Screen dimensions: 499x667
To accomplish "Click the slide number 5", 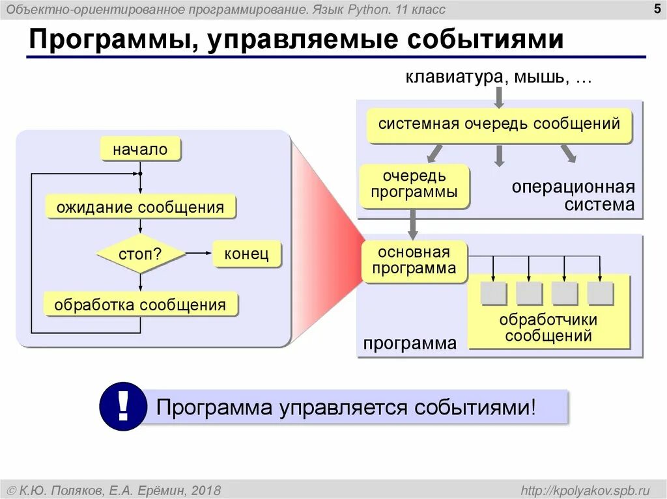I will pyautogui.click(x=654, y=8).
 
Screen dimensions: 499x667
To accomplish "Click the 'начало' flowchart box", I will pyautogui.click(x=140, y=150).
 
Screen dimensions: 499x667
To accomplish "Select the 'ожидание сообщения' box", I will pyautogui.click(x=140, y=208).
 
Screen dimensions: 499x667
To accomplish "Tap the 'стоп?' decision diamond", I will pyautogui.click(x=140, y=254).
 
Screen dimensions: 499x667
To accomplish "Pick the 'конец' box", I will pyautogui.click(x=246, y=254).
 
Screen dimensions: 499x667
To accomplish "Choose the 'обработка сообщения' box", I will pyautogui.click(x=140, y=304).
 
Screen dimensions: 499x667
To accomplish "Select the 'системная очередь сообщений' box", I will pyautogui.click(x=499, y=124).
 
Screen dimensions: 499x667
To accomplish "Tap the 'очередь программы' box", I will pyautogui.click(x=414, y=184).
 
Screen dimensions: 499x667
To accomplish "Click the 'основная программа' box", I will pyautogui.click(x=414, y=260).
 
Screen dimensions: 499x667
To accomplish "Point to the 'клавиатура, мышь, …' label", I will pyautogui.click(x=499, y=77).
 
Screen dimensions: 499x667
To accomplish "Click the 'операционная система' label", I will pyautogui.click(x=573, y=196).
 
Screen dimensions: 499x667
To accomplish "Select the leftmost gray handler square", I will pyautogui.click(x=493, y=293).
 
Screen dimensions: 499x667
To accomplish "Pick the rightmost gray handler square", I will pyautogui.click(x=600, y=293).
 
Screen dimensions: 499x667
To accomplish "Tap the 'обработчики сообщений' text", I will pyautogui.click(x=548, y=328).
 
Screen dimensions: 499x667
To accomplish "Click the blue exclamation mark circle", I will pyautogui.click(x=122, y=407).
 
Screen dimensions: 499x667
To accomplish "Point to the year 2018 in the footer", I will pyautogui.click(x=206, y=489).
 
